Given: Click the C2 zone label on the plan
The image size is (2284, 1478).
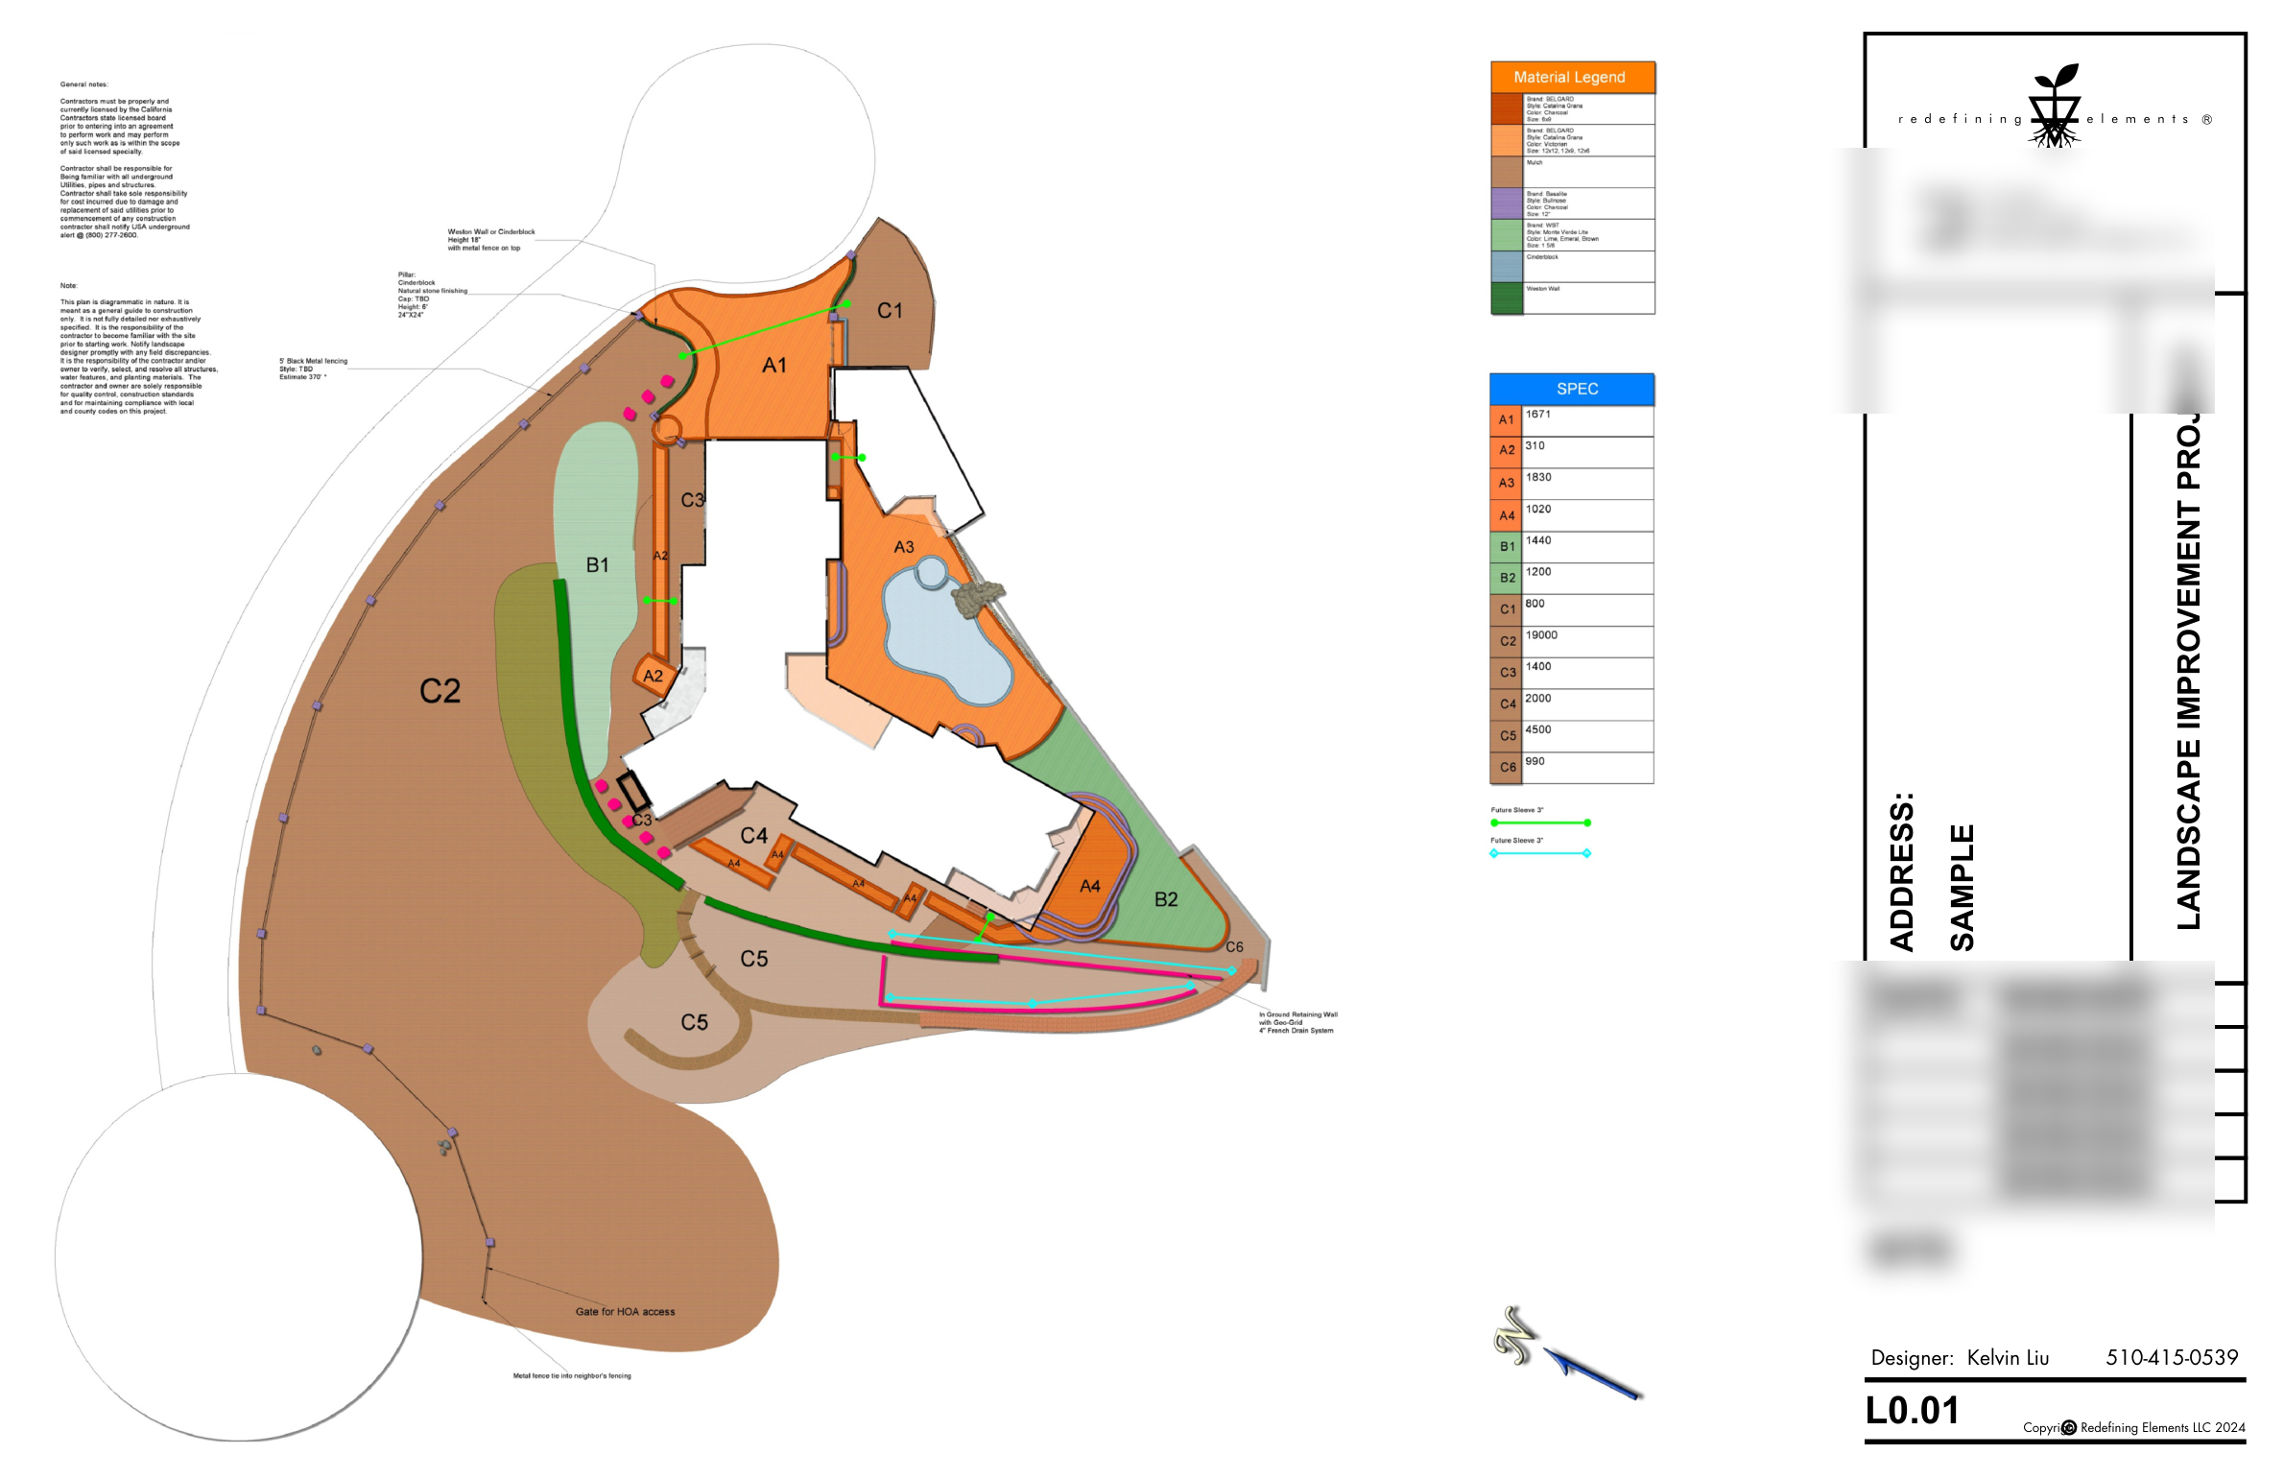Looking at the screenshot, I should pyautogui.click(x=440, y=691).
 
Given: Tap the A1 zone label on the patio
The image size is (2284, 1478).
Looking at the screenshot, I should pyautogui.click(x=774, y=366).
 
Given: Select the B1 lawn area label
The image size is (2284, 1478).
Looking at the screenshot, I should pyautogui.click(x=597, y=565).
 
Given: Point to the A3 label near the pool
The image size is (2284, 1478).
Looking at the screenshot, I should pyautogui.click(x=903, y=547).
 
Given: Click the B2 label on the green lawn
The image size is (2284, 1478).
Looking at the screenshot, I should pyautogui.click(x=1166, y=899).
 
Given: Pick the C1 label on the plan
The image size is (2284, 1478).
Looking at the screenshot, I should pyautogui.click(x=890, y=311).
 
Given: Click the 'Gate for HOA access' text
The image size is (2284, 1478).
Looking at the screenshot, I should pyautogui.click(x=625, y=1312).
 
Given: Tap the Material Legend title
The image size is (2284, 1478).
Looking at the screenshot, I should pyautogui.click(x=1569, y=77).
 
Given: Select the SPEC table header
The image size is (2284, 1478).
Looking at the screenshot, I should pyautogui.click(x=1577, y=389).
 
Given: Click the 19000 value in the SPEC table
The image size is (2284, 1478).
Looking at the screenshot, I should pyautogui.click(x=1541, y=635).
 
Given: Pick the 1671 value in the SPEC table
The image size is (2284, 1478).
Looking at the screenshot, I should pyautogui.click(x=1538, y=415).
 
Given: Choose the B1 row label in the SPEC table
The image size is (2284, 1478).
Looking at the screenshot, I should pyautogui.click(x=1507, y=547).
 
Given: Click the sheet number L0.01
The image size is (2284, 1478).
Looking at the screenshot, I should pyautogui.click(x=1912, y=1411).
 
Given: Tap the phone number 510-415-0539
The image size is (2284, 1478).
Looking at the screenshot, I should pyautogui.click(x=2172, y=1358).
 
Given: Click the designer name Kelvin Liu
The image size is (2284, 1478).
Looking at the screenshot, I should pyautogui.click(x=2008, y=1358).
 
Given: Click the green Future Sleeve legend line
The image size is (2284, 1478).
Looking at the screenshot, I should pyautogui.click(x=1540, y=822).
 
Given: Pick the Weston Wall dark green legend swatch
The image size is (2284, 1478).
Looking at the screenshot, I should pyautogui.click(x=1507, y=298).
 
